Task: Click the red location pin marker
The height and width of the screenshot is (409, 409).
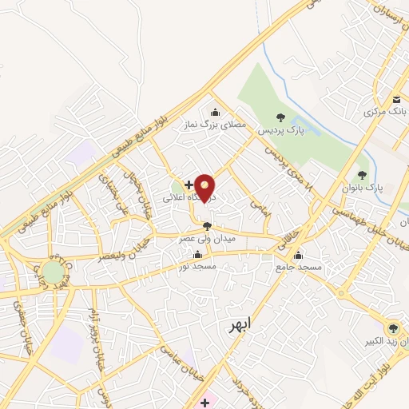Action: pos(205,189)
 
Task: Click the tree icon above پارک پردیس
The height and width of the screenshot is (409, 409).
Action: pos(279,117)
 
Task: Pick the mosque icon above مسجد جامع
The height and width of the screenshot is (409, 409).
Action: pos(299,256)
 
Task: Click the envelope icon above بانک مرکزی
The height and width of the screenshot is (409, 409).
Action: pos(396,99)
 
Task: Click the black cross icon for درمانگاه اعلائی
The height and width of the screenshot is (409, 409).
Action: pos(189,185)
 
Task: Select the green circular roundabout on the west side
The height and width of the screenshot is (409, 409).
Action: pos(54,272)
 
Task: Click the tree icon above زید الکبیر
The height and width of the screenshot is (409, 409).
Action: pos(392,328)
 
